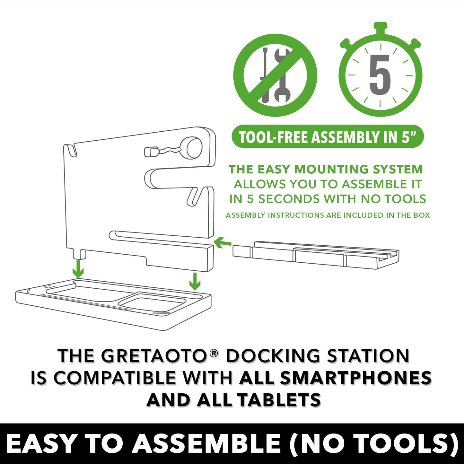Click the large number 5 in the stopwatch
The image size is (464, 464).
pyautogui.click(x=380, y=75)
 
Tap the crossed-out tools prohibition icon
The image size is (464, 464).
pyautogui.click(x=275, y=75)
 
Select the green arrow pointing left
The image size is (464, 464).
pyautogui.click(x=222, y=243)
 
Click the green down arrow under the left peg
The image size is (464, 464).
pyautogui.click(x=78, y=269)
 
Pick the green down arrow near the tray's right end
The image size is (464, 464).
pyautogui.click(x=195, y=281)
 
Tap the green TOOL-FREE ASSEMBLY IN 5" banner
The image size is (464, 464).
pyautogui.click(x=328, y=137)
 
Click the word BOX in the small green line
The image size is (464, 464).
pyautogui.click(x=421, y=215)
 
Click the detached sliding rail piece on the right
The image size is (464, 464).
pyautogui.click(x=316, y=255)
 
